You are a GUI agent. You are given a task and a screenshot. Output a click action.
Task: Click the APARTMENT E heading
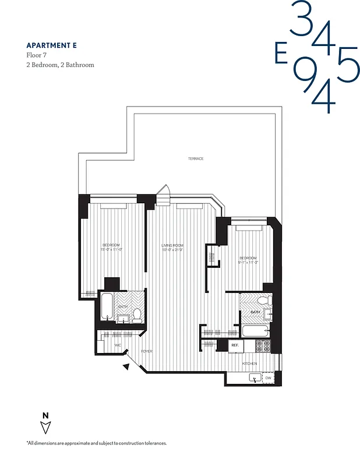(x=51, y=45)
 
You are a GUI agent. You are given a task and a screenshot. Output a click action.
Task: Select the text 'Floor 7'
(x=37, y=55)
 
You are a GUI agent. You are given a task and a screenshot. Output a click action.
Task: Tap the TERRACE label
(x=195, y=159)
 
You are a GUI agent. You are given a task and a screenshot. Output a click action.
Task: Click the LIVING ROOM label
(x=172, y=245)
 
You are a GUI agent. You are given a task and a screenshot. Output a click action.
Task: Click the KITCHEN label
(x=249, y=363)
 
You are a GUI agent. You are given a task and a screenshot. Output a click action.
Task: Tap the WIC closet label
(x=118, y=345)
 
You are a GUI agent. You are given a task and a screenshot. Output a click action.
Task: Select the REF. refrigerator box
(x=235, y=345)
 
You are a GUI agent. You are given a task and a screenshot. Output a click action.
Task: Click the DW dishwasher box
(x=268, y=378)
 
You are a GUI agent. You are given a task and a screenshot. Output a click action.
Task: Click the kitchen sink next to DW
(x=254, y=378)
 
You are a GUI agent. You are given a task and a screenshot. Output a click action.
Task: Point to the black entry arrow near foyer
(x=126, y=366)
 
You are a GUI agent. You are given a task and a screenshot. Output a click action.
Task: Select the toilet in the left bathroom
(x=137, y=315)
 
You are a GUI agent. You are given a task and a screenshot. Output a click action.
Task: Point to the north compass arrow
(x=46, y=428)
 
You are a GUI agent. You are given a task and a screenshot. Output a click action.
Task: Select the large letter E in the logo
(x=281, y=54)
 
